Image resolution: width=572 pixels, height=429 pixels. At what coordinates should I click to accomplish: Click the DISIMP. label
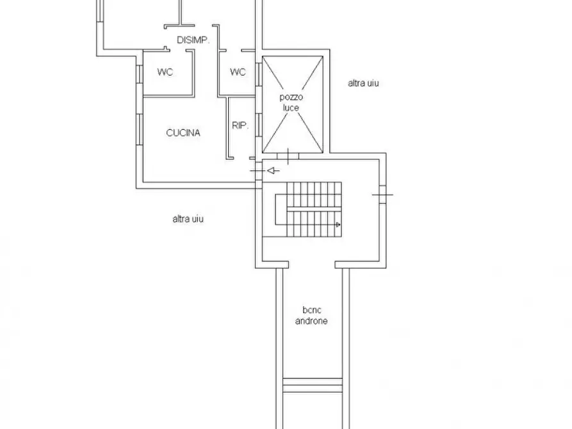193,40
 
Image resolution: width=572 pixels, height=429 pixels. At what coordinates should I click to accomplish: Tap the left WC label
165,72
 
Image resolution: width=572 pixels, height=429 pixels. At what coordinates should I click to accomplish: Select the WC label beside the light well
238,72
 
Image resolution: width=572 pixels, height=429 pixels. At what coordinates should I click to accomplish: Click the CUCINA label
183,133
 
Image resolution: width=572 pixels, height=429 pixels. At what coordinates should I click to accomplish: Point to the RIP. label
240,125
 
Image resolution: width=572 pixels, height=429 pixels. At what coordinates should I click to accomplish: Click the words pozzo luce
291,102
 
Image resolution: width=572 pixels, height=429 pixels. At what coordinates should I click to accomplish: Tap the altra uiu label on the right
363,83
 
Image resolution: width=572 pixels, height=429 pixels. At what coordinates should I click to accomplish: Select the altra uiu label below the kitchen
188,219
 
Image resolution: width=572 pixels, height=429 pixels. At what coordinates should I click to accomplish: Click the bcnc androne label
311,316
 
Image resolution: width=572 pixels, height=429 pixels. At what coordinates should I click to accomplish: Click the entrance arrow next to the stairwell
274,170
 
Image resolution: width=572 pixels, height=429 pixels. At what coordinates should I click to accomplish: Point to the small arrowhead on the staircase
338,225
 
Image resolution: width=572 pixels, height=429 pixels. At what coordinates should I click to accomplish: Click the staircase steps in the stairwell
314,209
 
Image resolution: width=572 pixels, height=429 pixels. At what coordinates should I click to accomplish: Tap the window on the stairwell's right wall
382,195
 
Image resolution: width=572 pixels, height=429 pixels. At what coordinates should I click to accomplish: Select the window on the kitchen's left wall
140,129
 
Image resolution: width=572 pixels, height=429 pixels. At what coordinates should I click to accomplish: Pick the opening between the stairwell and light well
288,156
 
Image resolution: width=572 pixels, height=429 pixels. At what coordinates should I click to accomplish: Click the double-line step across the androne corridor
313,385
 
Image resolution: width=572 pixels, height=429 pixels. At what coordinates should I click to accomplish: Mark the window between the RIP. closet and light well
259,125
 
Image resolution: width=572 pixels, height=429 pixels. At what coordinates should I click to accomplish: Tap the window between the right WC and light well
259,74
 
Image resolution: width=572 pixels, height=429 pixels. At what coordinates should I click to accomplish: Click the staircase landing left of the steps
281,209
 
